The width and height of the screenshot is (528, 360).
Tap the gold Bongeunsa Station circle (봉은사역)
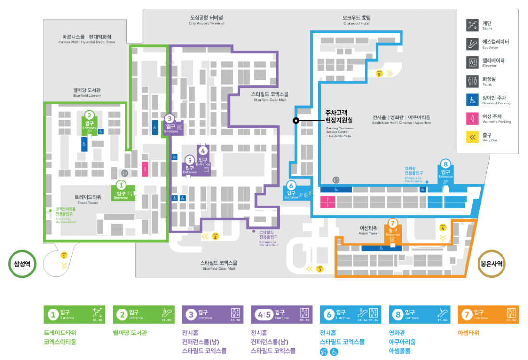[x=492, y=264]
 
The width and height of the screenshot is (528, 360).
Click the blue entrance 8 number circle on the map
[x=446, y=163]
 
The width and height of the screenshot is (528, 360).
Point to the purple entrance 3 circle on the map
[x=169, y=118]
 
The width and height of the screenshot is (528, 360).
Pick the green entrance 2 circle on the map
[x=89, y=115]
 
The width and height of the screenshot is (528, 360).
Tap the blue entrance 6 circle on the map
[x=291, y=185]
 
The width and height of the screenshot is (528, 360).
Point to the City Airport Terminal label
[x=206, y=20]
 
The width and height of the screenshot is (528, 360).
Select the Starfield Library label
[x=87, y=92]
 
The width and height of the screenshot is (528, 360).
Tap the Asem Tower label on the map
[x=369, y=230]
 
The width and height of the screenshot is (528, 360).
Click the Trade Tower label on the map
[x=88, y=199]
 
